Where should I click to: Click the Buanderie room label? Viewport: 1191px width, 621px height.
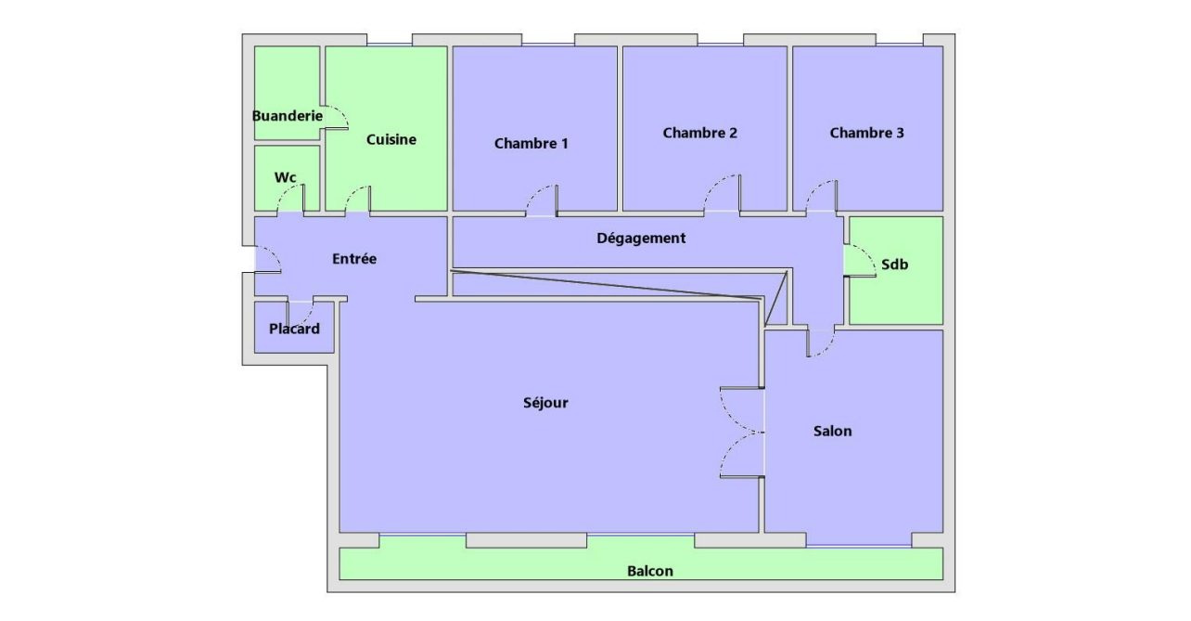pyautogui.click(x=288, y=116)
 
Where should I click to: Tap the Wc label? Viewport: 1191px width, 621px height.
pyautogui.click(x=285, y=176)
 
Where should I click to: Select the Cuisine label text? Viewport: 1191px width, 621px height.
pyautogui.click(x=391, y=139)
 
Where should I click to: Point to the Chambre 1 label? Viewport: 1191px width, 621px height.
pyautogui.click(x=531, y=143)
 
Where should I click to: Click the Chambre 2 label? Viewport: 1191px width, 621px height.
pyautogui.click(x=700, y=133)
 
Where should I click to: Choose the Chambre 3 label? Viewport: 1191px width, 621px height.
pyautogui.click(x=866, y=133)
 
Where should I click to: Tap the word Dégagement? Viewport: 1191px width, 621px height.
pyautogui.click(x=641, y=238)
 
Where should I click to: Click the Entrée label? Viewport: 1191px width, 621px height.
pyautogui.click(x=354, y=259)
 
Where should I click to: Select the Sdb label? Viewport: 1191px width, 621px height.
pyautogui.click(x=894, y=265)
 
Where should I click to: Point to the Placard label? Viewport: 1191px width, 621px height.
pyautogui.click(x=294, y=329)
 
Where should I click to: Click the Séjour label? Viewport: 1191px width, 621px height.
pyautogui.click(x=545, y=403)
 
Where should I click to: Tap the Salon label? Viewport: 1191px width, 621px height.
pyautogui.click(x=832, y=431)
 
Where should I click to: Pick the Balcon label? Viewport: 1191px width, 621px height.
pyautogui.click(x=650, y=571)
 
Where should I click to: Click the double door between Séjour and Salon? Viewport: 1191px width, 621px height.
pyautogui.click(x=742, y=432)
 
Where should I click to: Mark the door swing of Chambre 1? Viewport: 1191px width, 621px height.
pyautogui.click(x=542, y=201)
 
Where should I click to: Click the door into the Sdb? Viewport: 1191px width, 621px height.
pyautogui.click(x=861, y=261)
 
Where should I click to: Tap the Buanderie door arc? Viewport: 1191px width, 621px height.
pyautogui.click(x=335, y=116)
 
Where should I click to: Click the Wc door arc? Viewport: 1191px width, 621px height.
pyautogui.click(x=291, y=198)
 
